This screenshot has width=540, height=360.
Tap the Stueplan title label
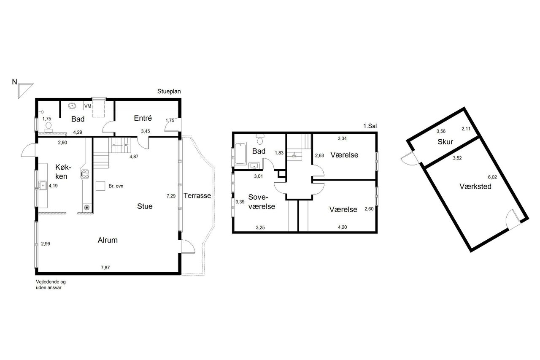tap(169, 92)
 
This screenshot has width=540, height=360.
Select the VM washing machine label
tap(88, 106)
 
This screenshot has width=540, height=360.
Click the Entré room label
tap(143, 118)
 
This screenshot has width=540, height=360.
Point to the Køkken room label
tap(63, 172)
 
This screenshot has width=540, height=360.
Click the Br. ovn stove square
tap(100, 186)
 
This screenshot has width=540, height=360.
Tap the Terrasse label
tap(197, 195)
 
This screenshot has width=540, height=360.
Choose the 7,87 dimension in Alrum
tap(105, 268)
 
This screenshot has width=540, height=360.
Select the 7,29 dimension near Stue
tap(171, 196)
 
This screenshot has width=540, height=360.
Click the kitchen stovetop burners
tap(85, 174)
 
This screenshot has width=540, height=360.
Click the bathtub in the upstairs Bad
tap(240, 153)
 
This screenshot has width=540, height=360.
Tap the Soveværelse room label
tap(262, 202)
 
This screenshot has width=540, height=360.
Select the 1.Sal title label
tap(370, 126)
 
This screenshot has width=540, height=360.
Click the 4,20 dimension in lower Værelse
tap(342, 227)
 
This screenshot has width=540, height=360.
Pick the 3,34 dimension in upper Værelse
tap(342, 138)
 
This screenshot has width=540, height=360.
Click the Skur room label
tap(445, 142)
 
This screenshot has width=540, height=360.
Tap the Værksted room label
tap(475, 187)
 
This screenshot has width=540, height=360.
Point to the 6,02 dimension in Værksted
tap(492, 177)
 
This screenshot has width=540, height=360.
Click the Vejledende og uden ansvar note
tap(51, 284)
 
